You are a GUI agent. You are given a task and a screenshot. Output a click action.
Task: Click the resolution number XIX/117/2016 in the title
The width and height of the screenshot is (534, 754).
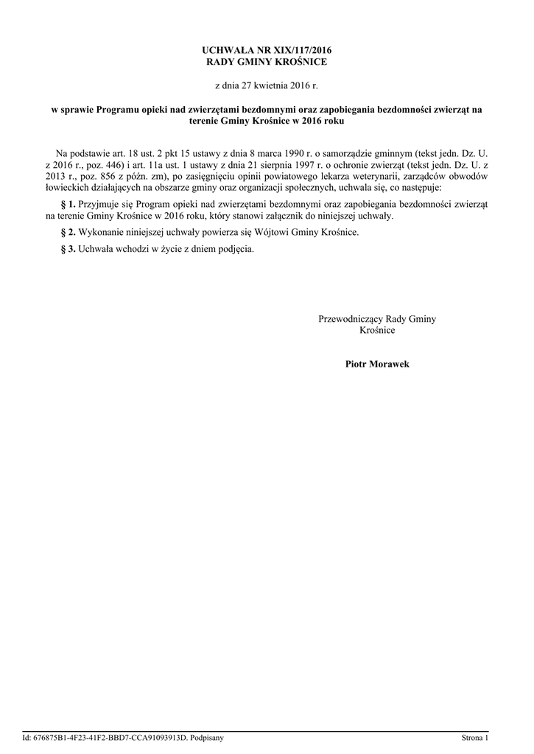point(298,49)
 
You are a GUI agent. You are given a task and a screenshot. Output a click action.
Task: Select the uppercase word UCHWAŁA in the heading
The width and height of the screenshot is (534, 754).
point(225,49)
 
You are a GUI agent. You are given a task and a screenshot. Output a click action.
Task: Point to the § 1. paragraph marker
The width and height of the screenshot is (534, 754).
point(67,201)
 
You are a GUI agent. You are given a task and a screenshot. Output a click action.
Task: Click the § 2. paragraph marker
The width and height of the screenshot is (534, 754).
point(67,232)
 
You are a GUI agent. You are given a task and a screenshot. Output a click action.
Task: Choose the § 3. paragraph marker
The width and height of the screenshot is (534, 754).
point(67,248)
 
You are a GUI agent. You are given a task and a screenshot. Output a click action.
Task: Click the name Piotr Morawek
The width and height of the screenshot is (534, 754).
point(377,364)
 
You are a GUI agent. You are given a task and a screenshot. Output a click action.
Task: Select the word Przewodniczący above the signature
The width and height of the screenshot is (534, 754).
point(351,319)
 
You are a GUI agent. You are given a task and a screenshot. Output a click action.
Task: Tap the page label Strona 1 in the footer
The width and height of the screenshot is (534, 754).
point(474,737)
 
